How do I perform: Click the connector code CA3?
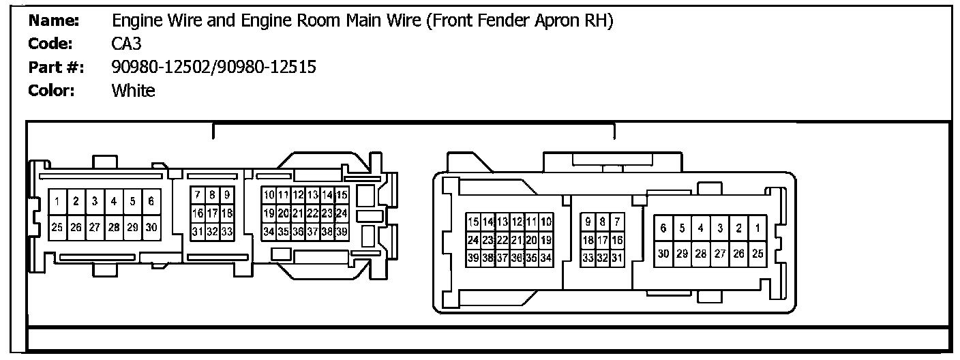(x=126, y=44)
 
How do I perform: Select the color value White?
(x=133, y=91)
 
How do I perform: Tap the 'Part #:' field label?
(x=55, y=67)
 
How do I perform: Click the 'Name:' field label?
(x=54, y=21)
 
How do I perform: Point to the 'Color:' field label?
(x=51, y=91)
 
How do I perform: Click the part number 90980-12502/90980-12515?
(x=213, y=67)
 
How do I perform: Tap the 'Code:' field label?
(x=51, y=44)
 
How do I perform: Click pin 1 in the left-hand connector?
(x=58, y=201)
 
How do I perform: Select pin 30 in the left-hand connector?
(x=152, y=227)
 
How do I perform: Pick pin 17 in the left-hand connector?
(x=211, y=213)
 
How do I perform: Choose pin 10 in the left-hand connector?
(x=269, y=196)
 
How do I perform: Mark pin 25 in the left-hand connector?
(x=58, y=227)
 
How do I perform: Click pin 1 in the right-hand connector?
(x=757, y=228)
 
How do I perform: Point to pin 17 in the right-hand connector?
(x=603, y=240)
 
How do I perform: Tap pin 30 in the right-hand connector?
(x=663, y=254)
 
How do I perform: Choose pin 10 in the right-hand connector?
(x=545, y=222)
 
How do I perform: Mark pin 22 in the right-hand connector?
(x=502, y=240)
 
